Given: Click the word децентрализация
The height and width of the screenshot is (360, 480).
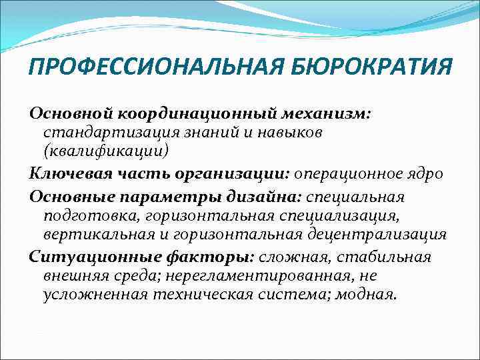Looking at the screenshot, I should tap(377, 235).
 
